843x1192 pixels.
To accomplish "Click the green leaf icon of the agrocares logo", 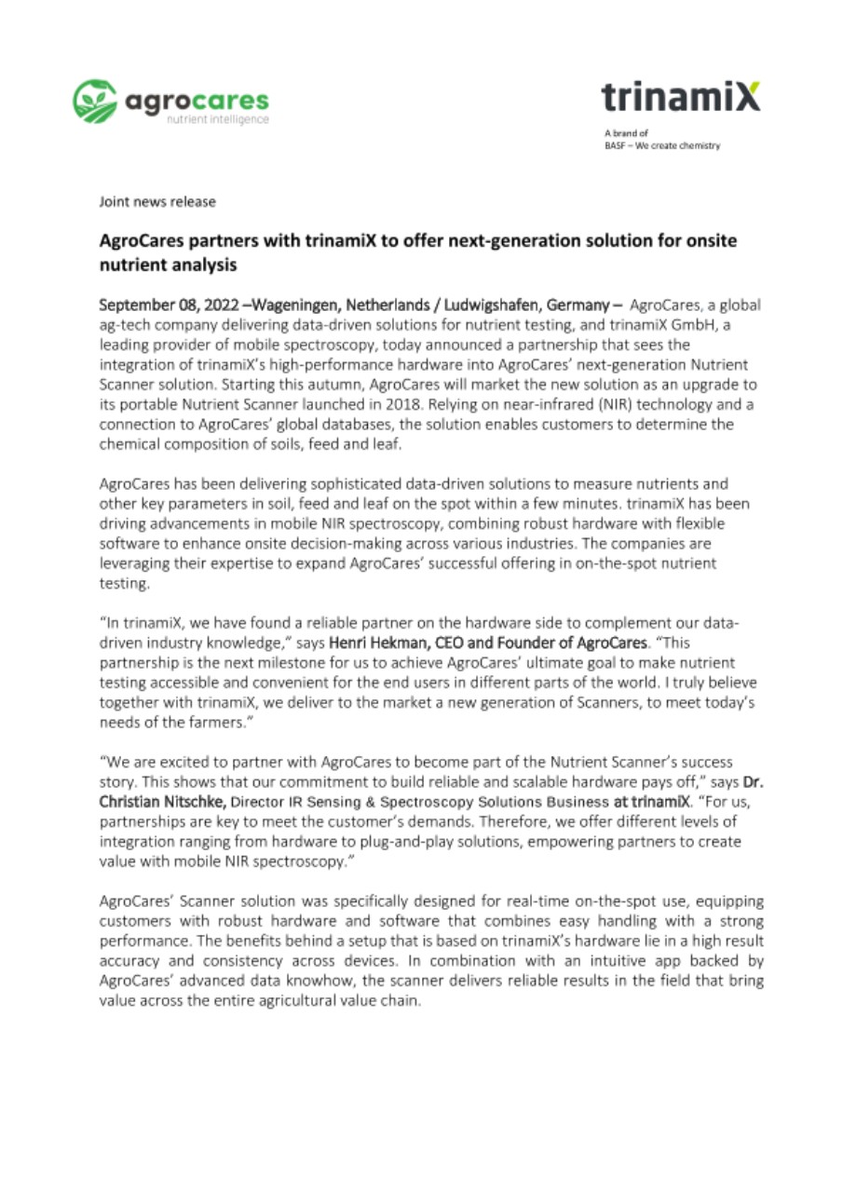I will coord(93,100).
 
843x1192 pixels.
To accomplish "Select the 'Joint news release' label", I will coord(157,201).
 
